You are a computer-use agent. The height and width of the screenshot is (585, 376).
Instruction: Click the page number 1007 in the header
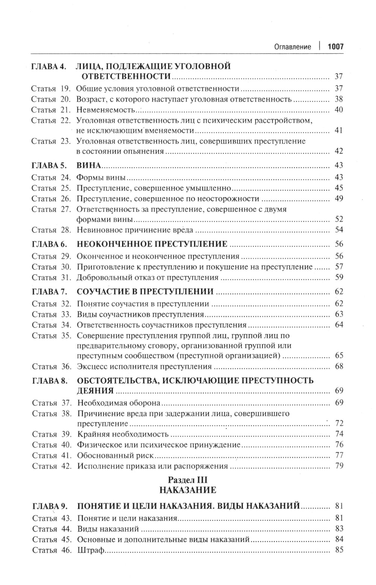(335, 47)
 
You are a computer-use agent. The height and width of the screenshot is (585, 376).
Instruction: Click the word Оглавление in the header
(293, 47)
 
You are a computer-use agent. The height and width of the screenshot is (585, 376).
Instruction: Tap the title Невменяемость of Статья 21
(106, 110)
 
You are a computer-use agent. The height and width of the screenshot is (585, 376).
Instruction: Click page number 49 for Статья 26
(339, 198)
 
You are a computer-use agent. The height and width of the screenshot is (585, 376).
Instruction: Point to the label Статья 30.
(51, 267)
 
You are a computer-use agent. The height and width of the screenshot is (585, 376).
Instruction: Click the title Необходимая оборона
(119, 403)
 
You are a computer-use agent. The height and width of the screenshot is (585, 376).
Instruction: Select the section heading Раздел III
(188, 480)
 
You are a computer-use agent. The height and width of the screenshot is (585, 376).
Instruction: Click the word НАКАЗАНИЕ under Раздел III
(188, 490)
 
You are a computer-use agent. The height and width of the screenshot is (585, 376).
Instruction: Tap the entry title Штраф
(90, 550)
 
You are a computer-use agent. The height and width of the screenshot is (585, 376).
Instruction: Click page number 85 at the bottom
(339, 550)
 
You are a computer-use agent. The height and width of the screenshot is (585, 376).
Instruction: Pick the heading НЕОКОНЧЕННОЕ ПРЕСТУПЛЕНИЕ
(152, 244)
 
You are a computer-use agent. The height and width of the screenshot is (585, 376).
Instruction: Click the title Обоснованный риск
(115, 456)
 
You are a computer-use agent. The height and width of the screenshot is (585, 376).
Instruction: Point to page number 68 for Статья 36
(339, 366)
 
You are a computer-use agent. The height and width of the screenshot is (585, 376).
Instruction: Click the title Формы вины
(101, 177)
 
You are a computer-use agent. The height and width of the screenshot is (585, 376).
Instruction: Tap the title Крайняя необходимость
(123, 434)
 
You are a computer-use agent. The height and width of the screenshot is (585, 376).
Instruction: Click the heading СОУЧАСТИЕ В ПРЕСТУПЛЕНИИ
(145, 292)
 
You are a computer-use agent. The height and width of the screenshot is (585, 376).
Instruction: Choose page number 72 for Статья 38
(339, 423)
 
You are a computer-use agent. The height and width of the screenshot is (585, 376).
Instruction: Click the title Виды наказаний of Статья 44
(108, 529)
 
